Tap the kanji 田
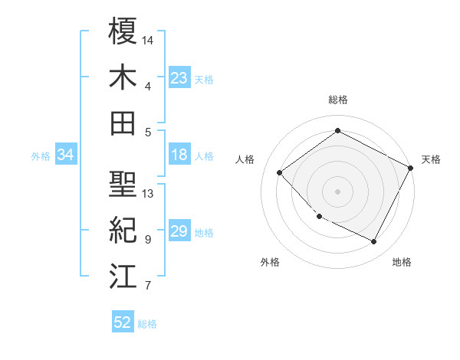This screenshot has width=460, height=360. pos(123,123)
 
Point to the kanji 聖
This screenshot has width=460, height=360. pos(123,185)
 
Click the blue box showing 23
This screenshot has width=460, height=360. pos(179,78)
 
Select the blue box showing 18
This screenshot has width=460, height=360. pos(179,155)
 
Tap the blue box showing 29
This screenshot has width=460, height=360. pos(179,232)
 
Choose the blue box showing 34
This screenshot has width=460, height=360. pos(66,155)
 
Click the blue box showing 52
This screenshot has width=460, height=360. pos(123,322)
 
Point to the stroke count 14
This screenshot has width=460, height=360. pos(148,39)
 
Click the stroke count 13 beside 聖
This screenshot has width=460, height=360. pos(148,194)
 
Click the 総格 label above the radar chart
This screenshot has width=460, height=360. pos(338,100)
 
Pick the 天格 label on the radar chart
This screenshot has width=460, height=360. pos(431,159)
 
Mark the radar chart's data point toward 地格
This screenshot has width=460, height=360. pos(374,242)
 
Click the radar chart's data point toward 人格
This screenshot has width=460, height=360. pos(280,172)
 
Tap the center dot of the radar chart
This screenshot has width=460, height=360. pos(338,191)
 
